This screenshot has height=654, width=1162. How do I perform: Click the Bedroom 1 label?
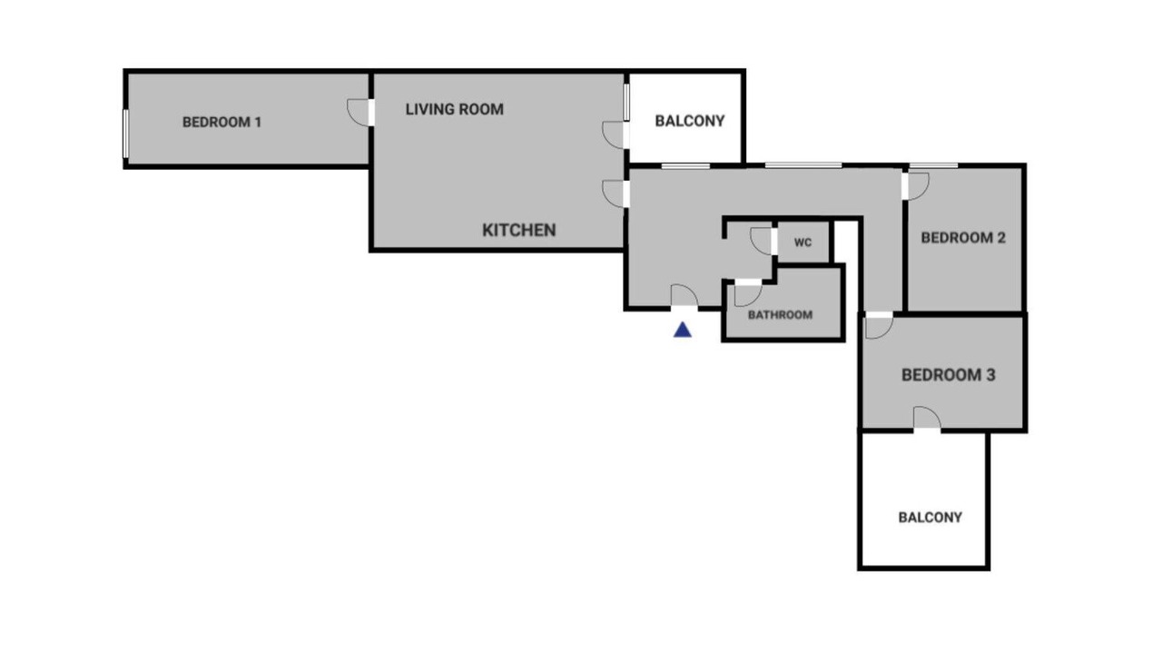[222, 123]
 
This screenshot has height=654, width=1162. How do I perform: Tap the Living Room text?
[455, 110]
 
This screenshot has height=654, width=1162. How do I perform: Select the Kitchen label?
[518, 230]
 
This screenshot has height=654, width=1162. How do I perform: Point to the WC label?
[803, 243]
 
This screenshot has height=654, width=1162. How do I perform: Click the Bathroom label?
[780, 314]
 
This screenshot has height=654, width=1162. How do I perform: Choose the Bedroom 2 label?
[963, 238]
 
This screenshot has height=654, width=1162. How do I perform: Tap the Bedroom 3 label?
[949, 375]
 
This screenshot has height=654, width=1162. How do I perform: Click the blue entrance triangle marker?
[683, 330]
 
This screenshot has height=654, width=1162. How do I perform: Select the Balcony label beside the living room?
[689, 121]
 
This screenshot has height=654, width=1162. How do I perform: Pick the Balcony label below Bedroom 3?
[931, 518]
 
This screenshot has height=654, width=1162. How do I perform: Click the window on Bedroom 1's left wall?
[125, 134]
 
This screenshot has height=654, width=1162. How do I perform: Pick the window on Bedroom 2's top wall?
[933, 165]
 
